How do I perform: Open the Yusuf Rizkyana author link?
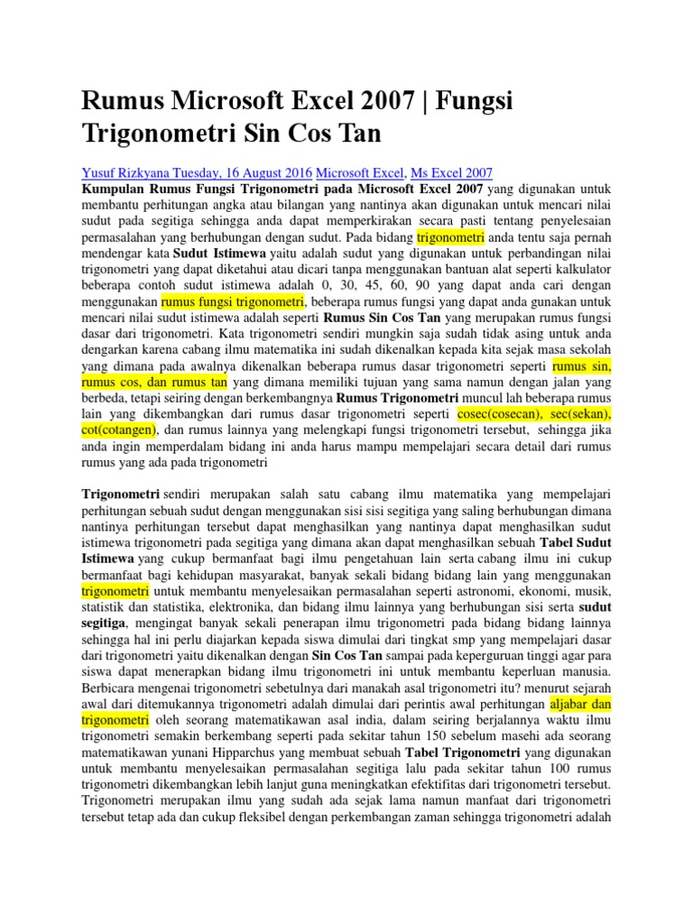(130, 171)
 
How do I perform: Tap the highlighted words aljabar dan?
(581, 702)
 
